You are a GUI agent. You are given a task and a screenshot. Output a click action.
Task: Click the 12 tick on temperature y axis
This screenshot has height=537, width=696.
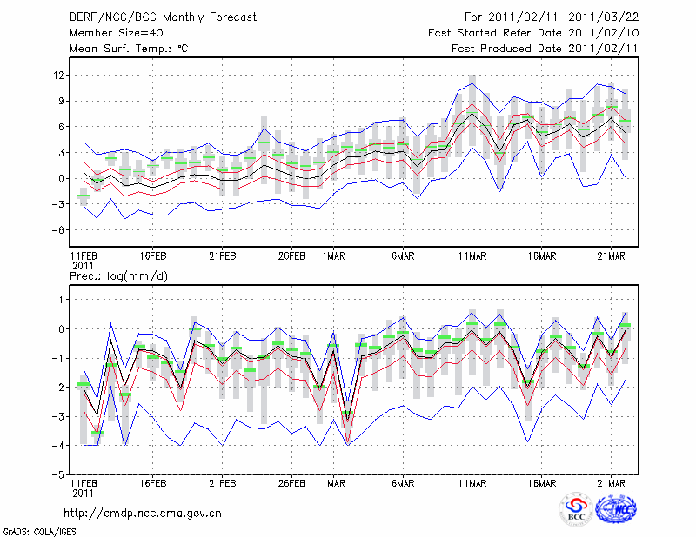pyautogui.click(x=59, y=76)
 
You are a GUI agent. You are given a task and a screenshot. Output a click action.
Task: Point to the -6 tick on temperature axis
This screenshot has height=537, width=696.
pyautogui.click(x=57, y=230)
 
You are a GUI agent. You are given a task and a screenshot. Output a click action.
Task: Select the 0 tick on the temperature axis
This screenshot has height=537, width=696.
pyautogui.click(x=62, y=179)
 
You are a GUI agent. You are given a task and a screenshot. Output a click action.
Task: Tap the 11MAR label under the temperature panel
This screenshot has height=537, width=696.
pyautogui.click(x=472, y=257)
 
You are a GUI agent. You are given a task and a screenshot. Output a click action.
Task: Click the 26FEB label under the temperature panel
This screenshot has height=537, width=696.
pyautogui.click(x=291, y=257)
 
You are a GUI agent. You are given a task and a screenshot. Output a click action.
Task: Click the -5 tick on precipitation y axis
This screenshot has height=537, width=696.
pyautogui.click(x=58, y=475)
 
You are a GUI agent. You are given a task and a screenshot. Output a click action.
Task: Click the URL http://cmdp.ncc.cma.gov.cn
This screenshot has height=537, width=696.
pyautogui.click(x=144, y=513)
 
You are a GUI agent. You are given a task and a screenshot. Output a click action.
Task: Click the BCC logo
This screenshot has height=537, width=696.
pyautogui.click(x=576, y=510)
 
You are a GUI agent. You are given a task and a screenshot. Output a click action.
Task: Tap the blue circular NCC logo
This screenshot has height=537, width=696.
pyautogui.click(x=617, y=510)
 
